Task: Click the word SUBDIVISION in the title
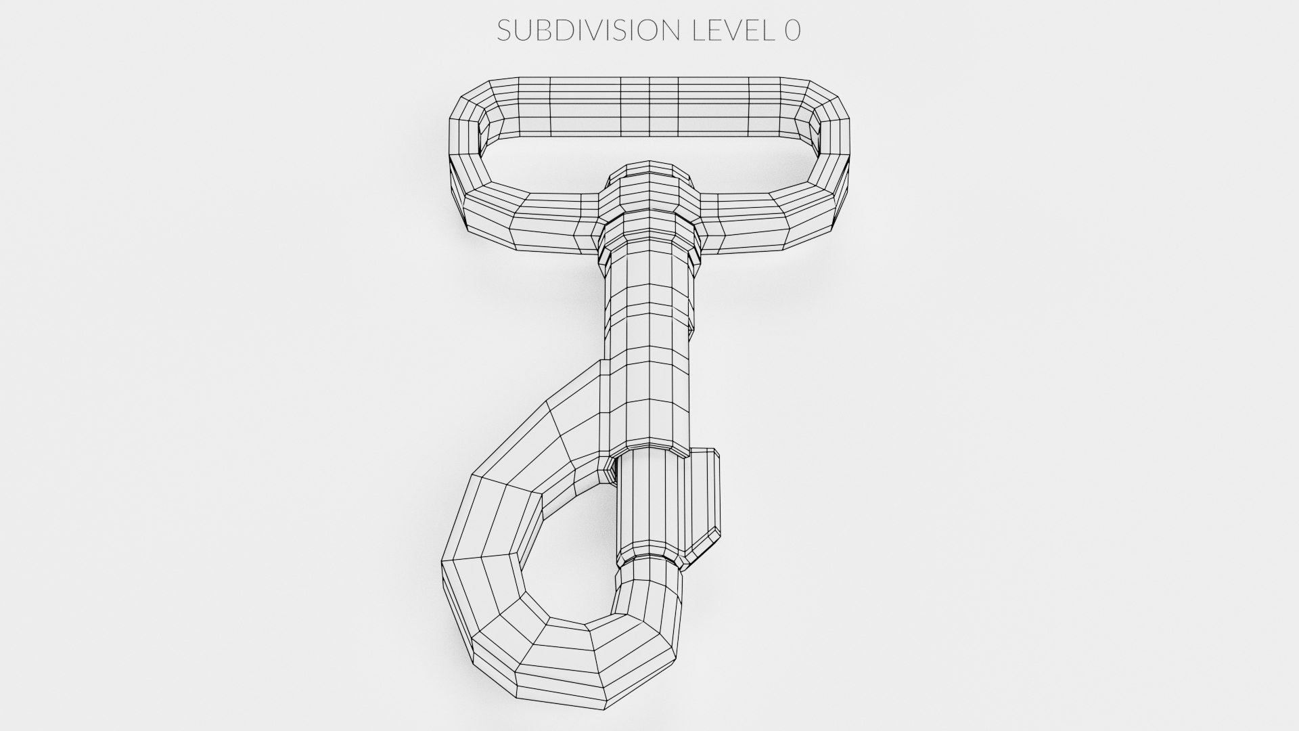point(587,30)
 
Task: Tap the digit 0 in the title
point(792,30)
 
